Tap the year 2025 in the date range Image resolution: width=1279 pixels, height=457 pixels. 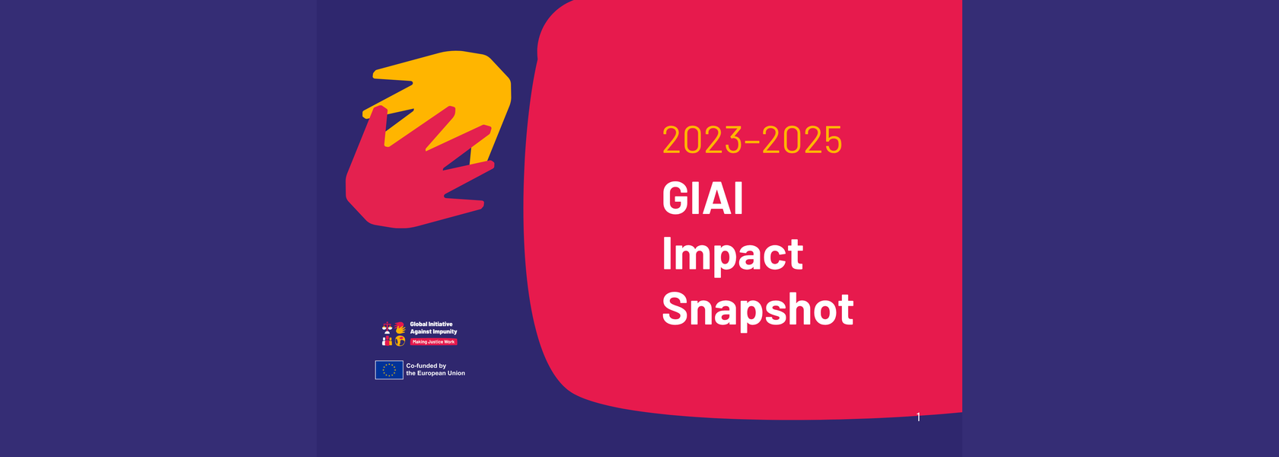[x=802, y=140]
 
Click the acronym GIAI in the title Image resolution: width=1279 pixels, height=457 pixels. [x=703, y=198]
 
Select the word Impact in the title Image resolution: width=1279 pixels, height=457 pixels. [x=732, y=256]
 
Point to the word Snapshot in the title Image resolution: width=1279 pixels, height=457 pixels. [x=758, y=309]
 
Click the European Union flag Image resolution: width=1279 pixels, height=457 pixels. [x=389, y=369]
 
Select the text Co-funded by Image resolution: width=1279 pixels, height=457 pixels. [x=426, y=366]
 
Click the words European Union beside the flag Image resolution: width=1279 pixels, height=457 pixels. [x=441, y=373]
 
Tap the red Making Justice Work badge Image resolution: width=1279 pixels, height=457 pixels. [x=433, y=341]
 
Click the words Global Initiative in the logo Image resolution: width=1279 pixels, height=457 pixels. [x=431, y=324]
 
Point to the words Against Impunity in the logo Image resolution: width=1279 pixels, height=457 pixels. [x=433, y=332]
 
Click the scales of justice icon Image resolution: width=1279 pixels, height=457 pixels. [x=387, y=328]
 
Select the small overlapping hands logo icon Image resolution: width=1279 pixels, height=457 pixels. [x=400, y=328]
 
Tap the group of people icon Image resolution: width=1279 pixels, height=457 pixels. [x=387, y=341]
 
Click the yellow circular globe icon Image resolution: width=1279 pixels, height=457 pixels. [x=400, y=341]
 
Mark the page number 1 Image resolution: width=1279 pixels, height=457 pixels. [x=918, y=417]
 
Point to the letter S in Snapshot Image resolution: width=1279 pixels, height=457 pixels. [x=675, y=309]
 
